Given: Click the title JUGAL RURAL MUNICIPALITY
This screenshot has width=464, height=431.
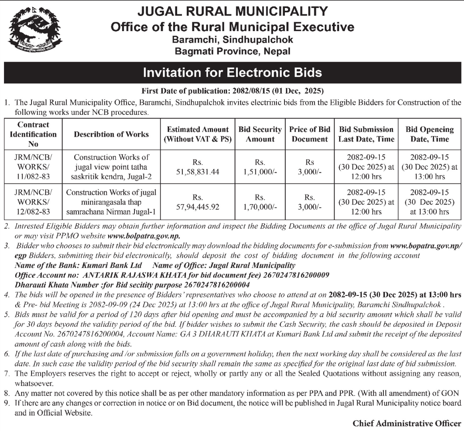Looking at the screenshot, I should [x=232, y=12].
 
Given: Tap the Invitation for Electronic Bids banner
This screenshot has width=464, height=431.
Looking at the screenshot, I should [x=232, y=73].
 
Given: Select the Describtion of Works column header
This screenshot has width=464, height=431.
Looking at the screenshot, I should [x=111, y=134].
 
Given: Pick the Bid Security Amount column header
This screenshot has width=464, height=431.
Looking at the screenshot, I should [x=260, y=134].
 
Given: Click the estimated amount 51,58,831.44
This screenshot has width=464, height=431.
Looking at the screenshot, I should [x=198, y=172].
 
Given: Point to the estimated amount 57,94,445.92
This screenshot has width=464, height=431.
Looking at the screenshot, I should [x=198, y=207].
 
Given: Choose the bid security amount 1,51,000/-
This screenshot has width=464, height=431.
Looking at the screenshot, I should [x=260, y=172].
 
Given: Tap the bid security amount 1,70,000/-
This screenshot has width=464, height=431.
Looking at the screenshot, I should [x=260, y=207].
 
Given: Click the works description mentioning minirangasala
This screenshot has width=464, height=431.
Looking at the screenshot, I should [x=111, y=202].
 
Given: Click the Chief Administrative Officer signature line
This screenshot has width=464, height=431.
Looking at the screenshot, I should [x=407, y=423].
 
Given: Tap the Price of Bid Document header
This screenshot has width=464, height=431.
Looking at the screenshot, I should [x=310, y=134].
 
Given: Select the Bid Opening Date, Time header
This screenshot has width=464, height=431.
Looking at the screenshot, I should [x=430, y=134].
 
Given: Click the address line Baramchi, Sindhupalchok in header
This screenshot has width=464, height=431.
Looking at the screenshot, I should [x=232, y=40].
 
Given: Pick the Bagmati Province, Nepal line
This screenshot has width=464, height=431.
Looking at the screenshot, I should [x=232, y=51].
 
